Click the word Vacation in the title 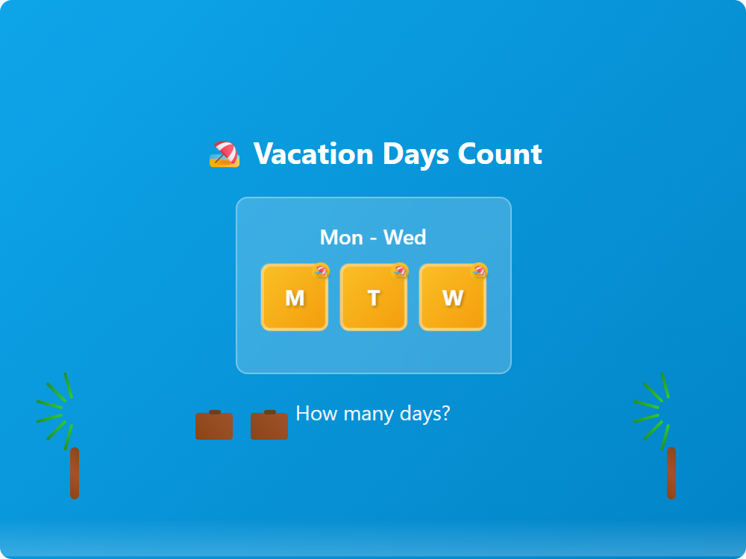pos(313,154)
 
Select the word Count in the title pos(500,154)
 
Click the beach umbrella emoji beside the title pos(225,154)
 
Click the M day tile pos(295,298)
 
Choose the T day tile pos(374,298)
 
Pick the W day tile pos(453,298)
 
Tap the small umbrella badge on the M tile pos(321,271)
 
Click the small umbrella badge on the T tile pos(401,271)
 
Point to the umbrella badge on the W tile pos(480,271)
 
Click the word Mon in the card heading pos(341,238)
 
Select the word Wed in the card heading pos(405,238)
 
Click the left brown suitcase pos(214,426)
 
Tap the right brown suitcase pos(269,426)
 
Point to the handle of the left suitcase pos(215,411)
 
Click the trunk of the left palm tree pos(75,473)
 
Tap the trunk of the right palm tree pos(671,473)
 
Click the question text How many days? pos(373,413)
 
